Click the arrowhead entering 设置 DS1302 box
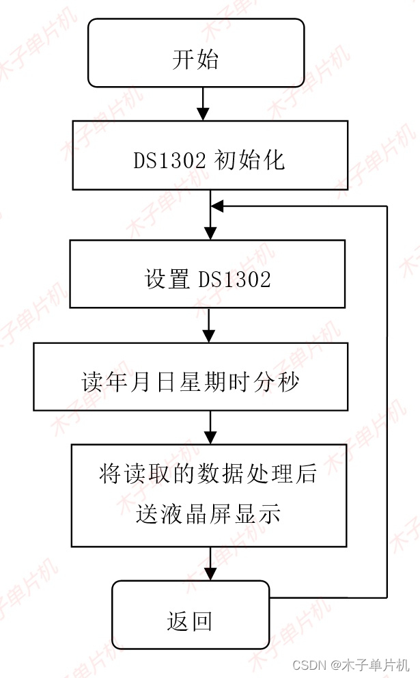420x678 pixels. click(210, 233)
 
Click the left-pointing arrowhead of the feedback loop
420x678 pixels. click(217, 205)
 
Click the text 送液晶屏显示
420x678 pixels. click(208, 514)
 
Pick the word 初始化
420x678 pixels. click(249, 160)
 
